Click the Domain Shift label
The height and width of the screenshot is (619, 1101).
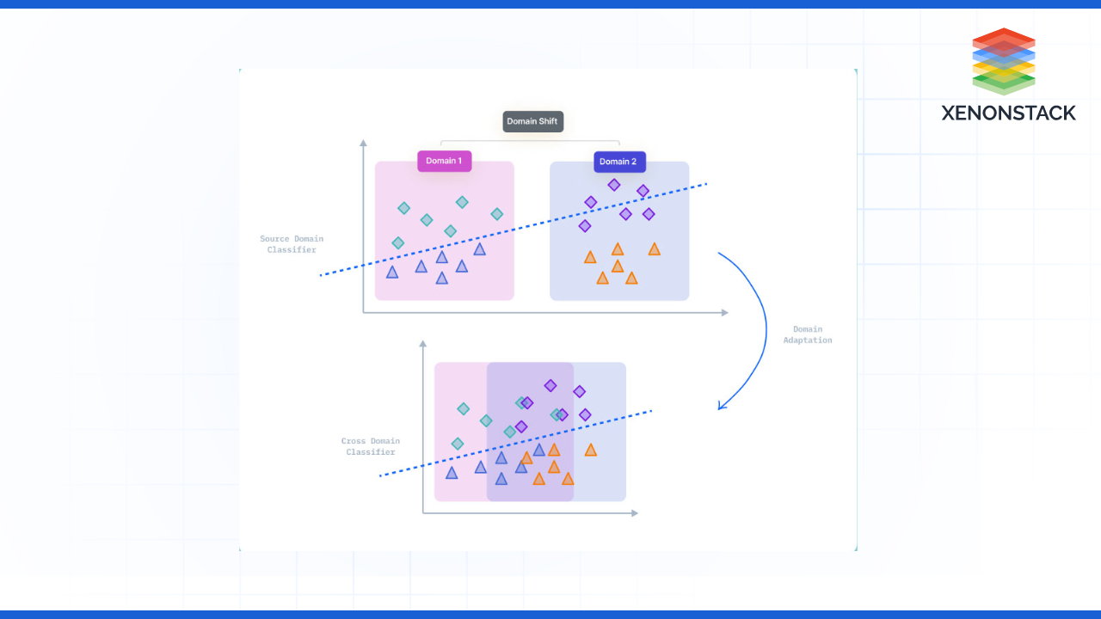[532, 121]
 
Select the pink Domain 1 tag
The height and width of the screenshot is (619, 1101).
[444, 161]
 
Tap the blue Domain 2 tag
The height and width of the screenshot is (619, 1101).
[618, 162]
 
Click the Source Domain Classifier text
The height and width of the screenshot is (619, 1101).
[291, 244]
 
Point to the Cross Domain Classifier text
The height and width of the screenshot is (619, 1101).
[370, 446]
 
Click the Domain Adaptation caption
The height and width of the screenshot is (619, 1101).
[807, 334]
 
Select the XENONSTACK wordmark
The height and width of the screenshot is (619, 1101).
[1008, 113]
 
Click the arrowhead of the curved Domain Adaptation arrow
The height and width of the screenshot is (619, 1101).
[722, 405]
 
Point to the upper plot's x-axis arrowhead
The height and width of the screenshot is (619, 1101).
[724, 312]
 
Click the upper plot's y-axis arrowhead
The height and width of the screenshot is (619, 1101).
[363, 143]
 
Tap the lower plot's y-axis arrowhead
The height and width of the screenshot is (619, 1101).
[422, 344]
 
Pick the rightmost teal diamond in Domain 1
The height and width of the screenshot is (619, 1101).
[496, 214]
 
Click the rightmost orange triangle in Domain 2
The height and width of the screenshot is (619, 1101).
[654, 249]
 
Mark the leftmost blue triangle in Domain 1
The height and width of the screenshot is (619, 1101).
[392, 273]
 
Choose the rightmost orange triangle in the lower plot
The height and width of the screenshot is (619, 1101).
[590, 450]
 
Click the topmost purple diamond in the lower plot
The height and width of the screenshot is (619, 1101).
[550, 386]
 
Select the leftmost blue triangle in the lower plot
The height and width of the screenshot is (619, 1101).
[452, 473]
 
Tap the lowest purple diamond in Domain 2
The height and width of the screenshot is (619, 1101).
[585, 226]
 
